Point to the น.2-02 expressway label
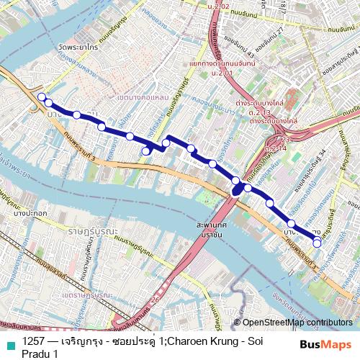click(x=217, y=6)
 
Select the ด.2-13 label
click(x=259, y=112)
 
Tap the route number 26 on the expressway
click(x=156, y=299)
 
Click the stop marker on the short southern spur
click(x=146, y=150)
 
